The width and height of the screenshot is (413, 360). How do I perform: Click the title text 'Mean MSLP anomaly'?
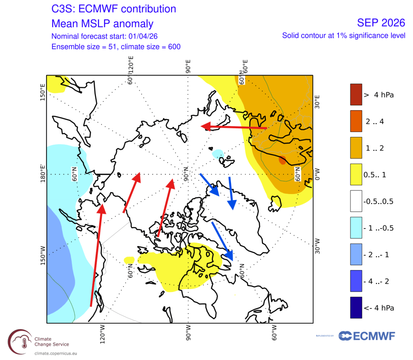tap(102, 23)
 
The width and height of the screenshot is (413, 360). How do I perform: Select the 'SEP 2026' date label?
tap(381, 23)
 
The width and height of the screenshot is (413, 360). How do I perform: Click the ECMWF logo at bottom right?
tap(367, 336)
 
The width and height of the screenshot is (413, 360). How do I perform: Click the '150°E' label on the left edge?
tap(42, 93)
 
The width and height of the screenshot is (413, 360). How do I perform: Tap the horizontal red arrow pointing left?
tap(233, 127)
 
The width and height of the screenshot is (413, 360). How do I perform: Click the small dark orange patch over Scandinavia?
tap(282, 160)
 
